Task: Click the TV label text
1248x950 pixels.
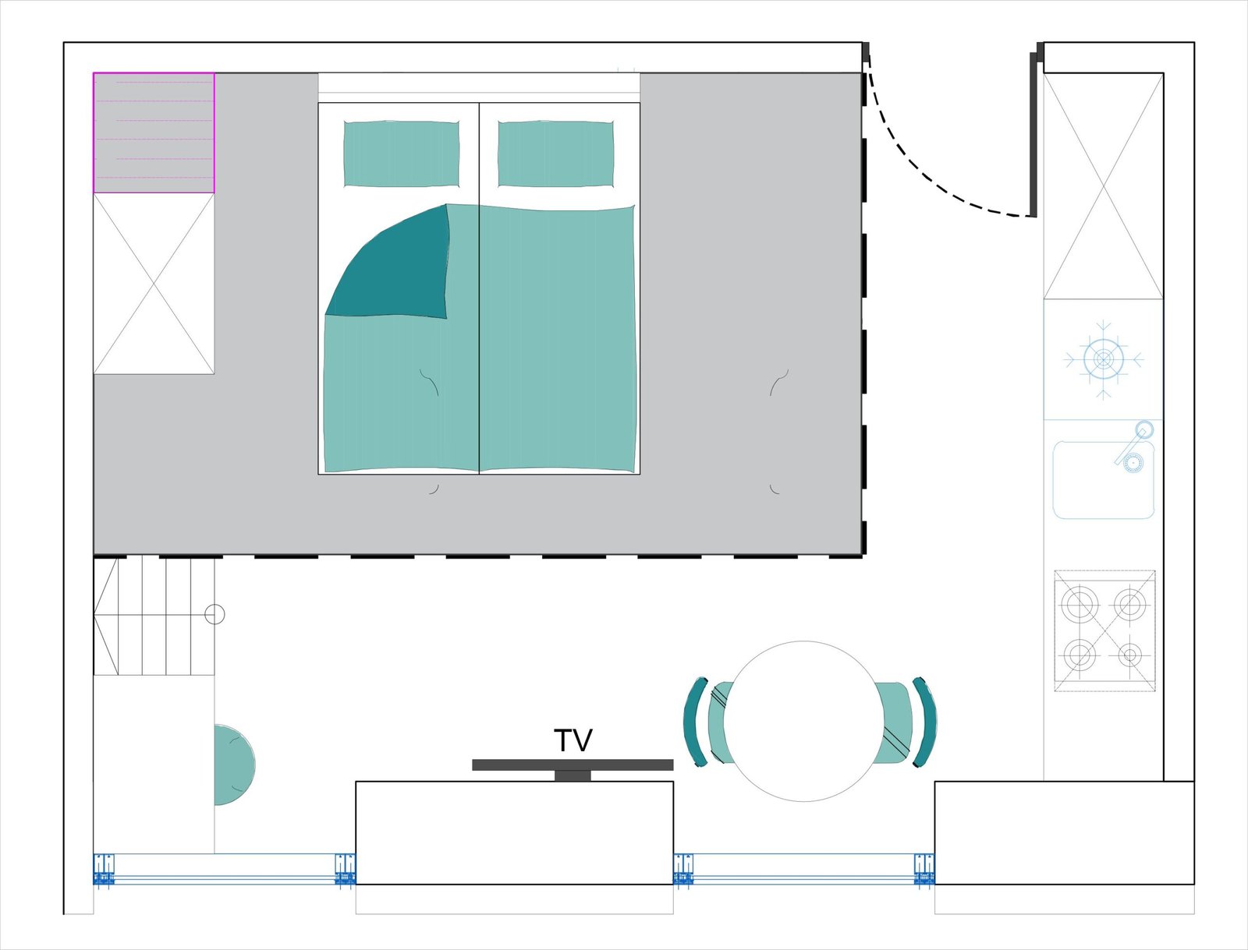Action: pyautogui.click(x=573, y=740)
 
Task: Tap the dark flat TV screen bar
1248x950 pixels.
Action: pyautogui.click(x=573, y=765)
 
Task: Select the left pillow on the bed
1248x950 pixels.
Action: pyautogui.click(x=402, y=154)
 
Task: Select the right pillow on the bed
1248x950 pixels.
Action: pyautogui.click(x=556, y=154)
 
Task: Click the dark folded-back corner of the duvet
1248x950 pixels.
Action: pyautogui.click(x=398, y=267)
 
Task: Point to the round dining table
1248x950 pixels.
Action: pyautogui.click(x=803, y=721)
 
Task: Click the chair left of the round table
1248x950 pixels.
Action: pyautogui.click(x=708, y=721)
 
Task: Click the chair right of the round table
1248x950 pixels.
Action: pyautogui.click(x=904, y=722)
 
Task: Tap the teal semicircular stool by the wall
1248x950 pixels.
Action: pyautogui.click(x=234, y=765)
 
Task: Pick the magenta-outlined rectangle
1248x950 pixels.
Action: pyautogui.click(x=154, y=132)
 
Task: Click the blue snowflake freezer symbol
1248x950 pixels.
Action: pyautogui.click(x=1103, y=359)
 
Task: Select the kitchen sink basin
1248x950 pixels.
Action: pyautogui.click(x=1103, y=480)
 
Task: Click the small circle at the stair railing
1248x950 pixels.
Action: pyautogui.click(x=214, y=614)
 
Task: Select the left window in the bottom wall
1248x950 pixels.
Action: pyautogui.click(x=225, y=870)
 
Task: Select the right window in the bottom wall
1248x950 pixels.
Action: pyautogui.click(x=804, y=870)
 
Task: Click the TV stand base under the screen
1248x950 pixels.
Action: pyautogui.click(x=573, y=775)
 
